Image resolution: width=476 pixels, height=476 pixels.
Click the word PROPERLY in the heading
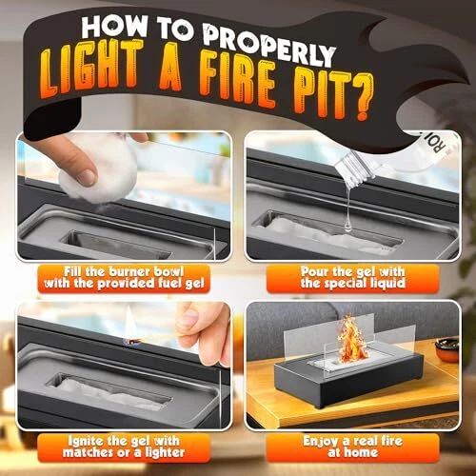click(x=269, y=45)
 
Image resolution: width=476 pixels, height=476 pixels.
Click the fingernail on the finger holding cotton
click(x=86, y=176)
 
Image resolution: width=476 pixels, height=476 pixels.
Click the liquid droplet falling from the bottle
click(x=347, y=226)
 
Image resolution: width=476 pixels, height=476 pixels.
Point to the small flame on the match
click(x=129, y=327)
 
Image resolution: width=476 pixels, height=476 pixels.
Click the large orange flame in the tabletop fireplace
click(x=350, y=340)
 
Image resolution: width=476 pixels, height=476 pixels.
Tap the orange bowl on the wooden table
click(x=446, y=349)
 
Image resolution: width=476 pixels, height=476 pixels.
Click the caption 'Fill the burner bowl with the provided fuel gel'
click(x=124, y=277)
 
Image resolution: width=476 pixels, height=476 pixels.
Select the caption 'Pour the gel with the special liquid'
click(x=353, y=277)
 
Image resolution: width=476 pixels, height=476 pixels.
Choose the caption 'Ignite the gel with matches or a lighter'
click(x=124, y=446)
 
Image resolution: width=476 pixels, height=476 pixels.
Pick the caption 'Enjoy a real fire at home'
click(x=353, y=446)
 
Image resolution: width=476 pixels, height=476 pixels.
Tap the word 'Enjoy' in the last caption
click(x=321, y=442)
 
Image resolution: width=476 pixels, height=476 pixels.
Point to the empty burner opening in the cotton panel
click(x=118, y=246)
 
